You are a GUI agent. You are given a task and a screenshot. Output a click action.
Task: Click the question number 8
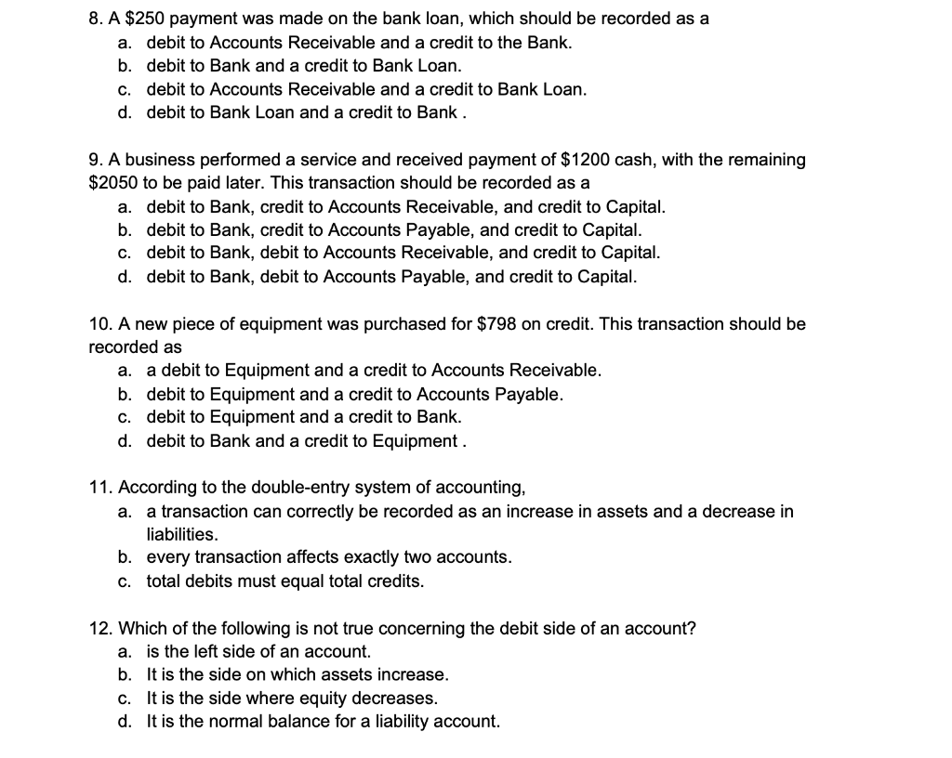pos(95,19)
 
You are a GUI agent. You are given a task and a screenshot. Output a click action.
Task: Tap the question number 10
pos(99,324)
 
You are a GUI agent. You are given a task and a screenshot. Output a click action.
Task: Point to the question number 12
pos(99,628)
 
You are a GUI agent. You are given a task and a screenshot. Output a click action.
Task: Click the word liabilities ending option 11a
pos(183,534)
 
